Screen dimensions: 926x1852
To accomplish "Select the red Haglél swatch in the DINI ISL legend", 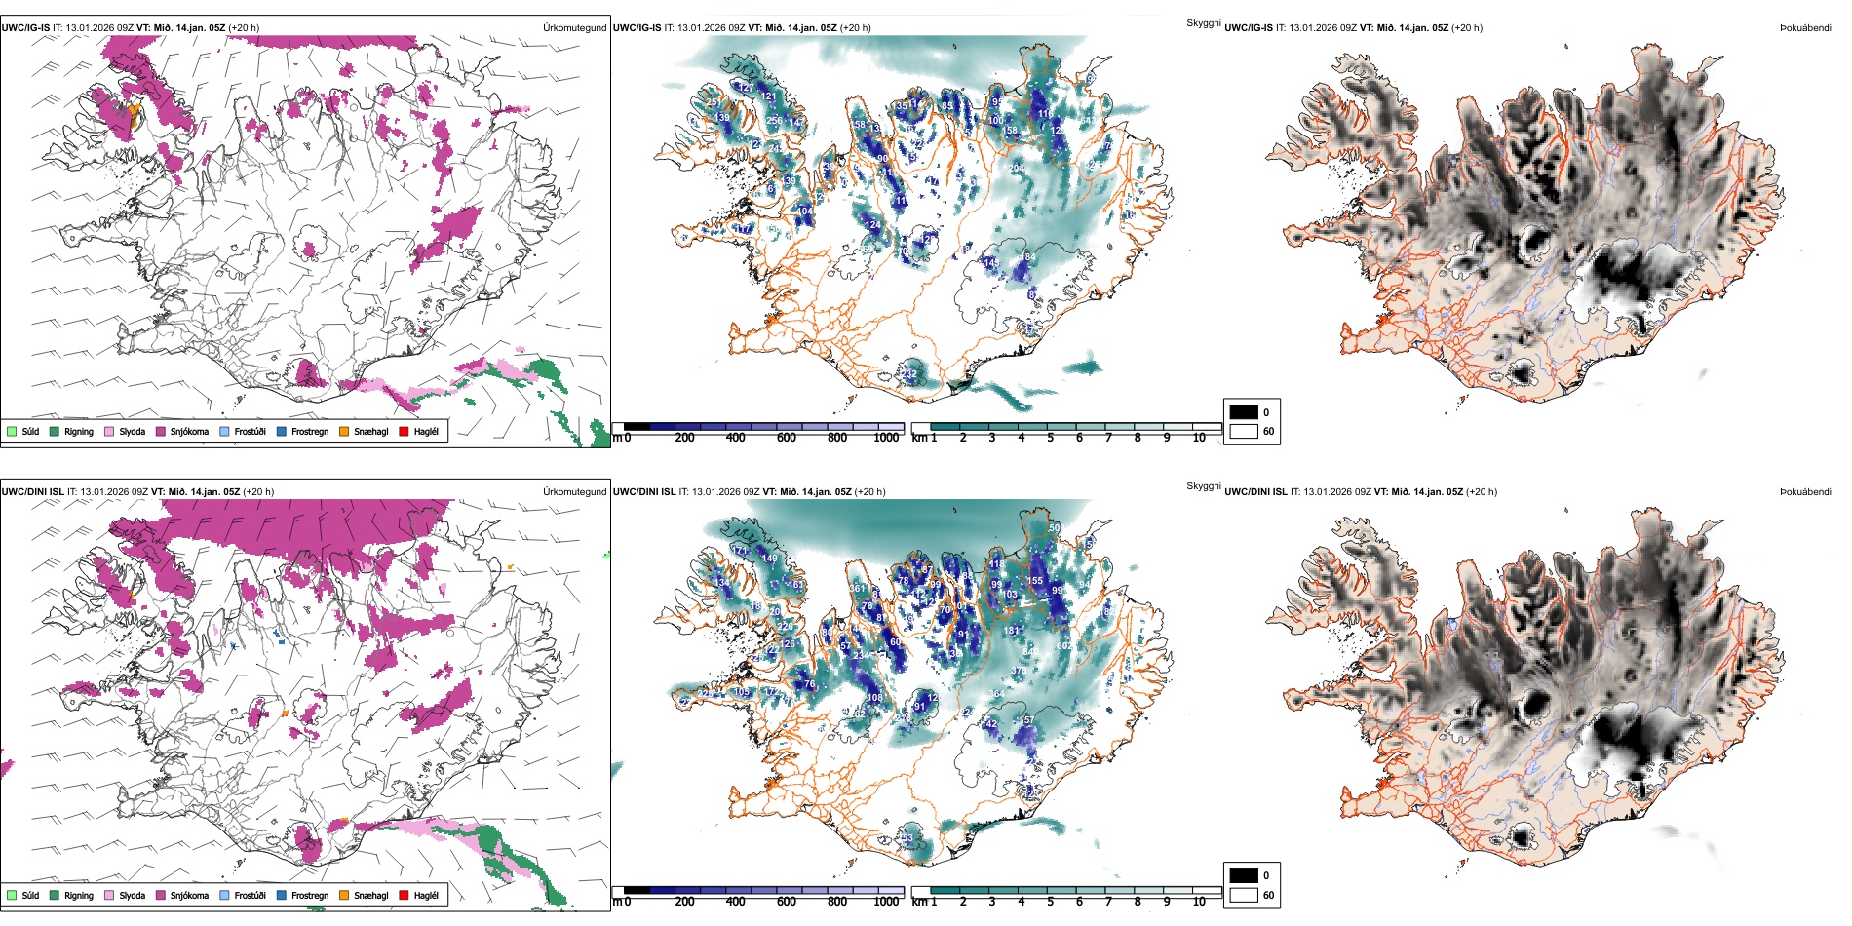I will (404, 895).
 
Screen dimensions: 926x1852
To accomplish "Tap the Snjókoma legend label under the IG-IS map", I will (189, 431).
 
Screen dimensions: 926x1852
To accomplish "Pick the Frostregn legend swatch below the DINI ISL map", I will (282, 895).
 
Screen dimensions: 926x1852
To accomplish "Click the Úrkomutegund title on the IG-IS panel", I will (574, 28).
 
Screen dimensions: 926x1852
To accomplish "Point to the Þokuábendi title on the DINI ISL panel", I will (1805, 492).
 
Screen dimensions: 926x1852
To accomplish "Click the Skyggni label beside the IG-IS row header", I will (1203, 22).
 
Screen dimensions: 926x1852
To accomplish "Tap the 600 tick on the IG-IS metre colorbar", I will (787, 438).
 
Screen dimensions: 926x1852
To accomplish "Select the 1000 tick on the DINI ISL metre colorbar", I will (886, 902).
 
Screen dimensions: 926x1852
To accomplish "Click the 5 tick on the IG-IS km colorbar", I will (1051, 438).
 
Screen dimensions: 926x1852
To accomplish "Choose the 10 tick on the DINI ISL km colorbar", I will (1199, 902).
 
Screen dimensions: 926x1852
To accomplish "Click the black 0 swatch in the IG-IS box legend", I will (1244, 412).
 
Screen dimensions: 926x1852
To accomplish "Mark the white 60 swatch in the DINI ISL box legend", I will (1244, 895).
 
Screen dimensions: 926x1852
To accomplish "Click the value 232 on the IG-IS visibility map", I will (909, 374).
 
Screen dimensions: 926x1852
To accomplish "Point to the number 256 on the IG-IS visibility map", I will (774, 121).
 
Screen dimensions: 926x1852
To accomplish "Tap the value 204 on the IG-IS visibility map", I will (1017, 169).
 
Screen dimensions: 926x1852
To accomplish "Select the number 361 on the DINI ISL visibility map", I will (858, 589).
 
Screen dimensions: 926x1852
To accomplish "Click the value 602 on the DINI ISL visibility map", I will (1063, 646).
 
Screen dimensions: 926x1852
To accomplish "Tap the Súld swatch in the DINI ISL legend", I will (12, 895).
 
